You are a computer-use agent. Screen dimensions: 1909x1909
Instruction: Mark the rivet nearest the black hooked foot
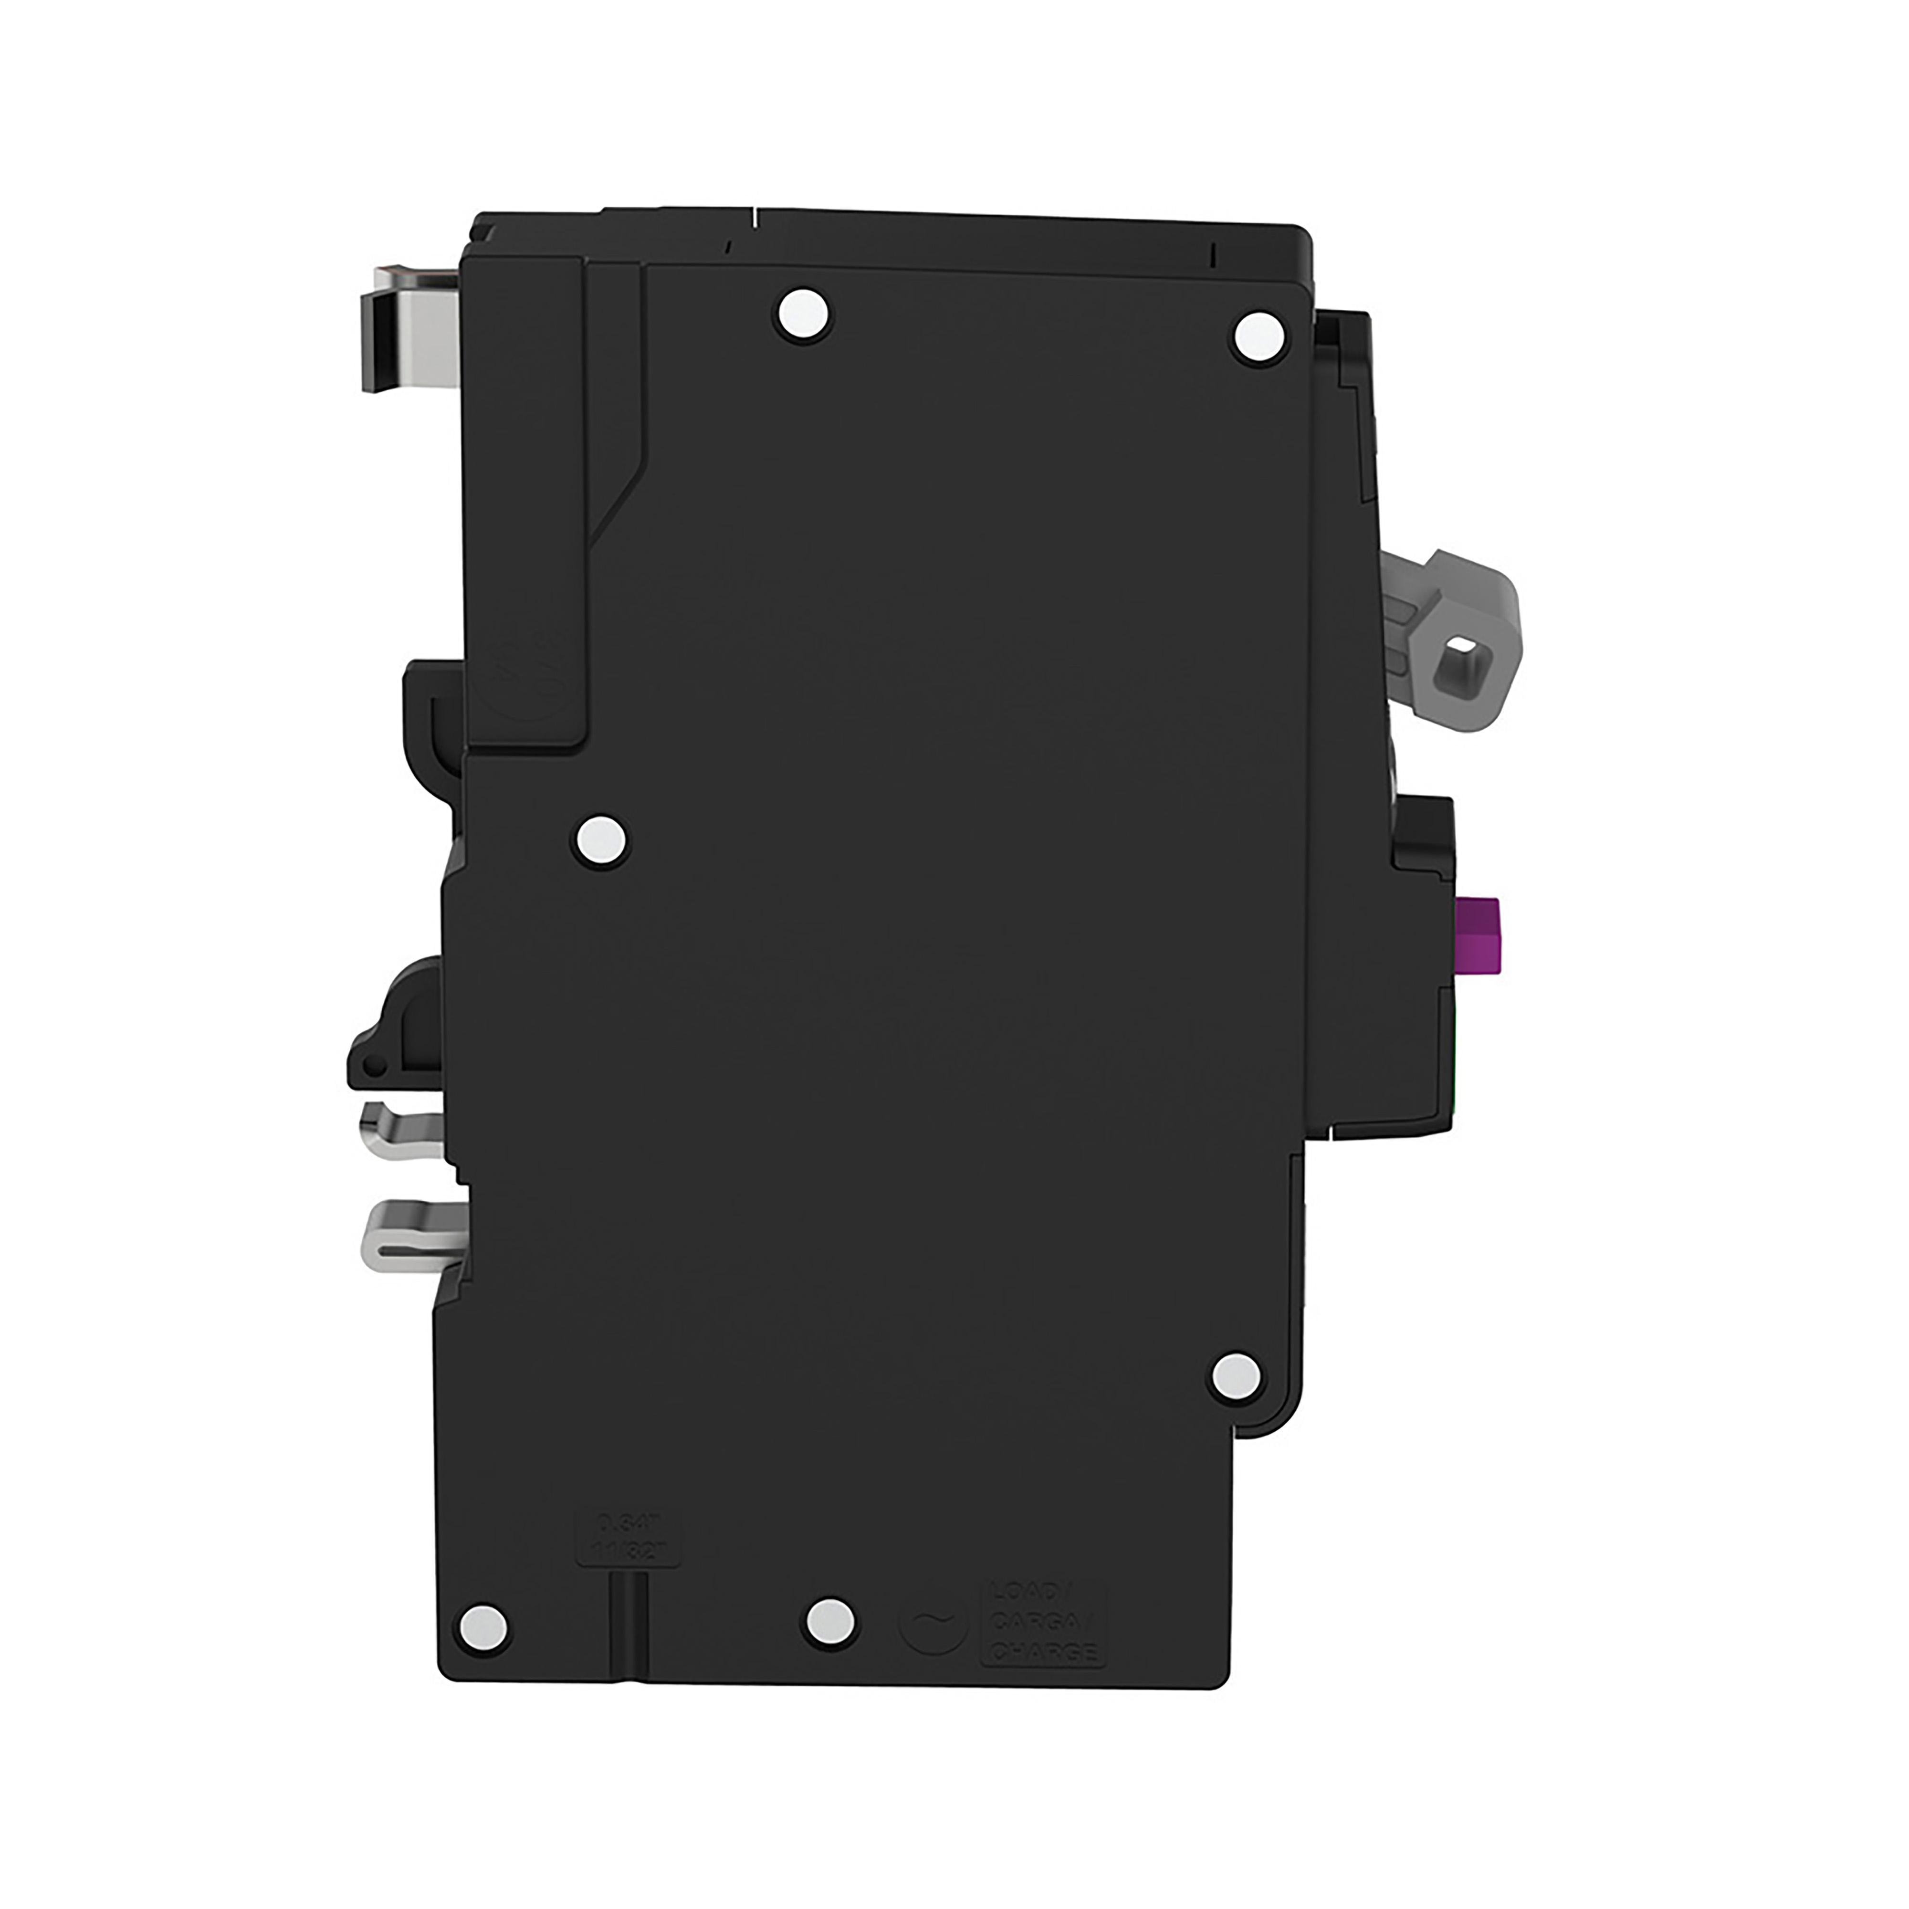point(602,842)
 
